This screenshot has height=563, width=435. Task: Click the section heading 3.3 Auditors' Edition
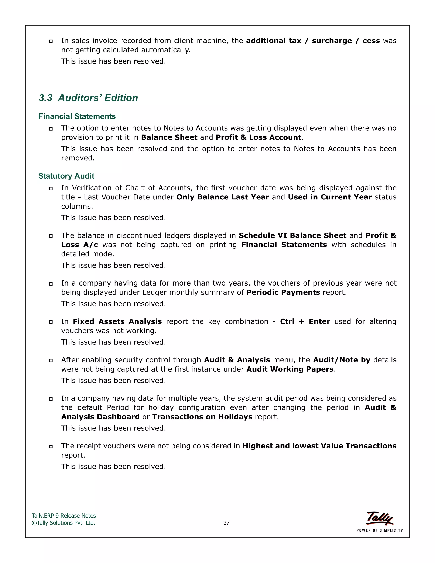(x=88, y=98)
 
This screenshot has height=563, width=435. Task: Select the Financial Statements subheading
(x=77, y=116)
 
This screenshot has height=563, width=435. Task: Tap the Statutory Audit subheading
(x=66, y=176)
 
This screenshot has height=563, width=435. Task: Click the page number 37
(x=226, y=523)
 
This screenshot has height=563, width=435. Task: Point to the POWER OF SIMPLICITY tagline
(x=379, y=530)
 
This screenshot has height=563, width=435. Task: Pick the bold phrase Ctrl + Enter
(x=305, y=321)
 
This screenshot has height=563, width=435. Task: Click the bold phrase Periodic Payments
(x=283, y=292)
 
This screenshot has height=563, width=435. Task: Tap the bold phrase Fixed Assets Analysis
(x=117, y=321)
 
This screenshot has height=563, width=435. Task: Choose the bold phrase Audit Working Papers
(x=290, y=369)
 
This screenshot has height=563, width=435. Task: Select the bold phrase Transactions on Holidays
(x=202, y=417)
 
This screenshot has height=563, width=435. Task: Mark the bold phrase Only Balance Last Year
(x=222, y=197)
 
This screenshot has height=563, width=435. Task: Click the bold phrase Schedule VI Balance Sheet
(x=292, y=236)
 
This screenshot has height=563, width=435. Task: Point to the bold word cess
(x=371, y=41)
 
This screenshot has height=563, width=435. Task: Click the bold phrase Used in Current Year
(x=330, y=197)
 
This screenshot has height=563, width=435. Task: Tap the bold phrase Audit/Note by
(x=342, y=360)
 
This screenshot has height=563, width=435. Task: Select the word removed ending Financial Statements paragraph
(x=77, y=158)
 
